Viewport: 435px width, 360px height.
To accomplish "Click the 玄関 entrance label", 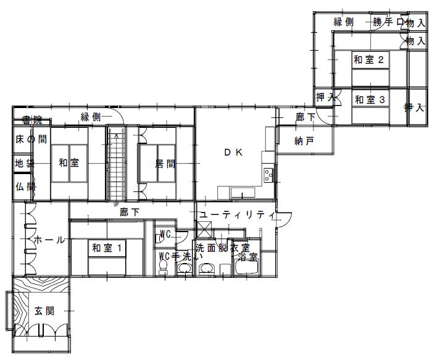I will [x=44, y=311].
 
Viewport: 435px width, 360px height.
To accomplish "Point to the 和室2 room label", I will [x=370, y=60].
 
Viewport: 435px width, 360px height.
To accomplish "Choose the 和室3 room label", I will [x=370, y=99].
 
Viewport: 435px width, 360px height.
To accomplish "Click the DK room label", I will [x=232, y=153].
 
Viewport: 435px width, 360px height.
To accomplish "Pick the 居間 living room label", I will [x=166, y=164].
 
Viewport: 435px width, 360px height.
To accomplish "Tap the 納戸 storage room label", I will [x=305, y=141].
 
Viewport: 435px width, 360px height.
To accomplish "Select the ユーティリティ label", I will [x=236, y=215].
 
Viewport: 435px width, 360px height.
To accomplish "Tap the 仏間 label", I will [x=24, y=186].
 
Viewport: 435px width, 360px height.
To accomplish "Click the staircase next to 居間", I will [x=116, y=164].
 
